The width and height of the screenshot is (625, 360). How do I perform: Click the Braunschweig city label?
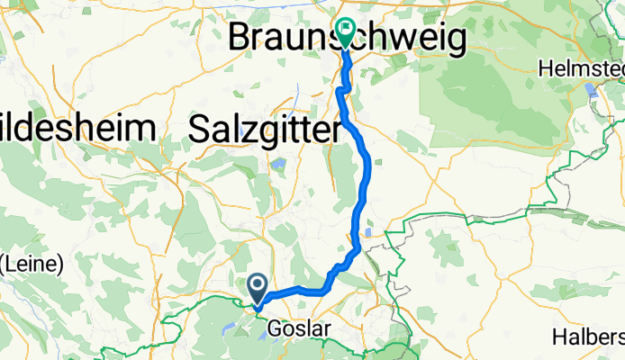point(349,39)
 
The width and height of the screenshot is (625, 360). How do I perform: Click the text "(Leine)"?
point(30,264)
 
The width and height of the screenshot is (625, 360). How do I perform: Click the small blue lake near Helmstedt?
point(591,90)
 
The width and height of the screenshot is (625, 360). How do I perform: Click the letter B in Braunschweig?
point(243,39)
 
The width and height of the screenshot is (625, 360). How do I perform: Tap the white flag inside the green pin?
point(346,29)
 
